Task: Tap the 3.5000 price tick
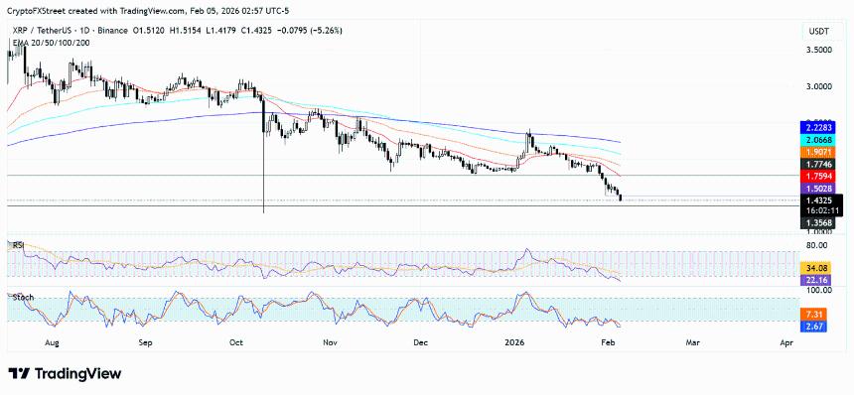pos(818,49)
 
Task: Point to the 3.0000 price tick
pos(818,87)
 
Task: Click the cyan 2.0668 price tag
pos(818,141)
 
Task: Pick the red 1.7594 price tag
pos(818,177)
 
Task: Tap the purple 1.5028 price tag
pos(818,188)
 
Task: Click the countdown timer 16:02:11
pos(818,210)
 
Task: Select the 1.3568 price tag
pos(818,223)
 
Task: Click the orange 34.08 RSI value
pos(817,267)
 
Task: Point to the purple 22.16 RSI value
pos(817,279)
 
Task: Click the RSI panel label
pos(16,244)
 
